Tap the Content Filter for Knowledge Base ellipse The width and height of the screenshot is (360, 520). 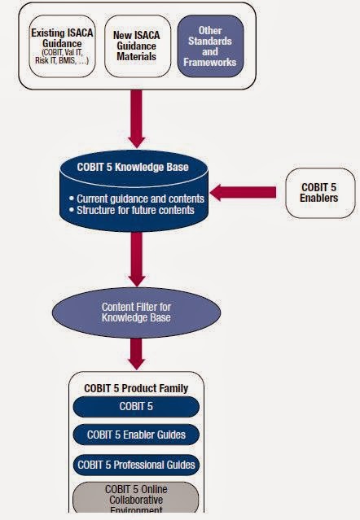136,312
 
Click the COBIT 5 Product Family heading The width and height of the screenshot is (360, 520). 136,388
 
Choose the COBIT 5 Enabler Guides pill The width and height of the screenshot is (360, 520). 136,435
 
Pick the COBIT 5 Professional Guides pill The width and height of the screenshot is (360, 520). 136,464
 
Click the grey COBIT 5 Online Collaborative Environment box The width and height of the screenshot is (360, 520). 136,498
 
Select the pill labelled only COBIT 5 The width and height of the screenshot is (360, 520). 136,406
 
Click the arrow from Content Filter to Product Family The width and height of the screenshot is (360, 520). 136,351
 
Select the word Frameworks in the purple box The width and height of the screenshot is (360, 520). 210,61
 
